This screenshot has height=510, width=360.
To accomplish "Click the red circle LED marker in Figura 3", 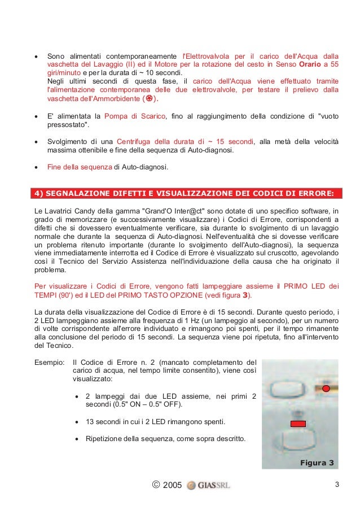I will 326,389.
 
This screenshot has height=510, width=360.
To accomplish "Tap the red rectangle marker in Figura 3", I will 297,424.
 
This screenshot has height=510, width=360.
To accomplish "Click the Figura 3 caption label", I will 317,463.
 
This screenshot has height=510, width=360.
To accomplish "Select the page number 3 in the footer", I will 337,485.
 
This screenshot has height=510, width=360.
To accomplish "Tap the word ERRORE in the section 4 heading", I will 315,194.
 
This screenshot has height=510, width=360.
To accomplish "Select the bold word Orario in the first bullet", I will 311,65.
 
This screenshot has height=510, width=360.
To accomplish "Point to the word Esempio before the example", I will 48,362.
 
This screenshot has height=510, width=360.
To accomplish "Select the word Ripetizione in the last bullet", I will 104,438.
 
